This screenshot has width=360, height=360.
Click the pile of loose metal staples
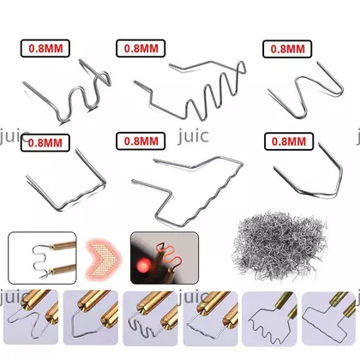279,246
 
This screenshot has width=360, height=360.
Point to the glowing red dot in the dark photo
144,266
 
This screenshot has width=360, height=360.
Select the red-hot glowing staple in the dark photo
168,255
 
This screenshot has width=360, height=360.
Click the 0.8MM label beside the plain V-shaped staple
289,141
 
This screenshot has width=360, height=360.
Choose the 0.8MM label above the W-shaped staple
287,49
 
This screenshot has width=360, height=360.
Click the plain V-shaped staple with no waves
309,174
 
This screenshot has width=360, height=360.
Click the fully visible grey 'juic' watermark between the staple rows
193,136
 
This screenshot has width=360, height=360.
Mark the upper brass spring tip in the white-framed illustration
63,245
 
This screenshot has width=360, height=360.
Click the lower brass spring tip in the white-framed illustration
63,269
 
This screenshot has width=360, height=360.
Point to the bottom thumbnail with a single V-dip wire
91,317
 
